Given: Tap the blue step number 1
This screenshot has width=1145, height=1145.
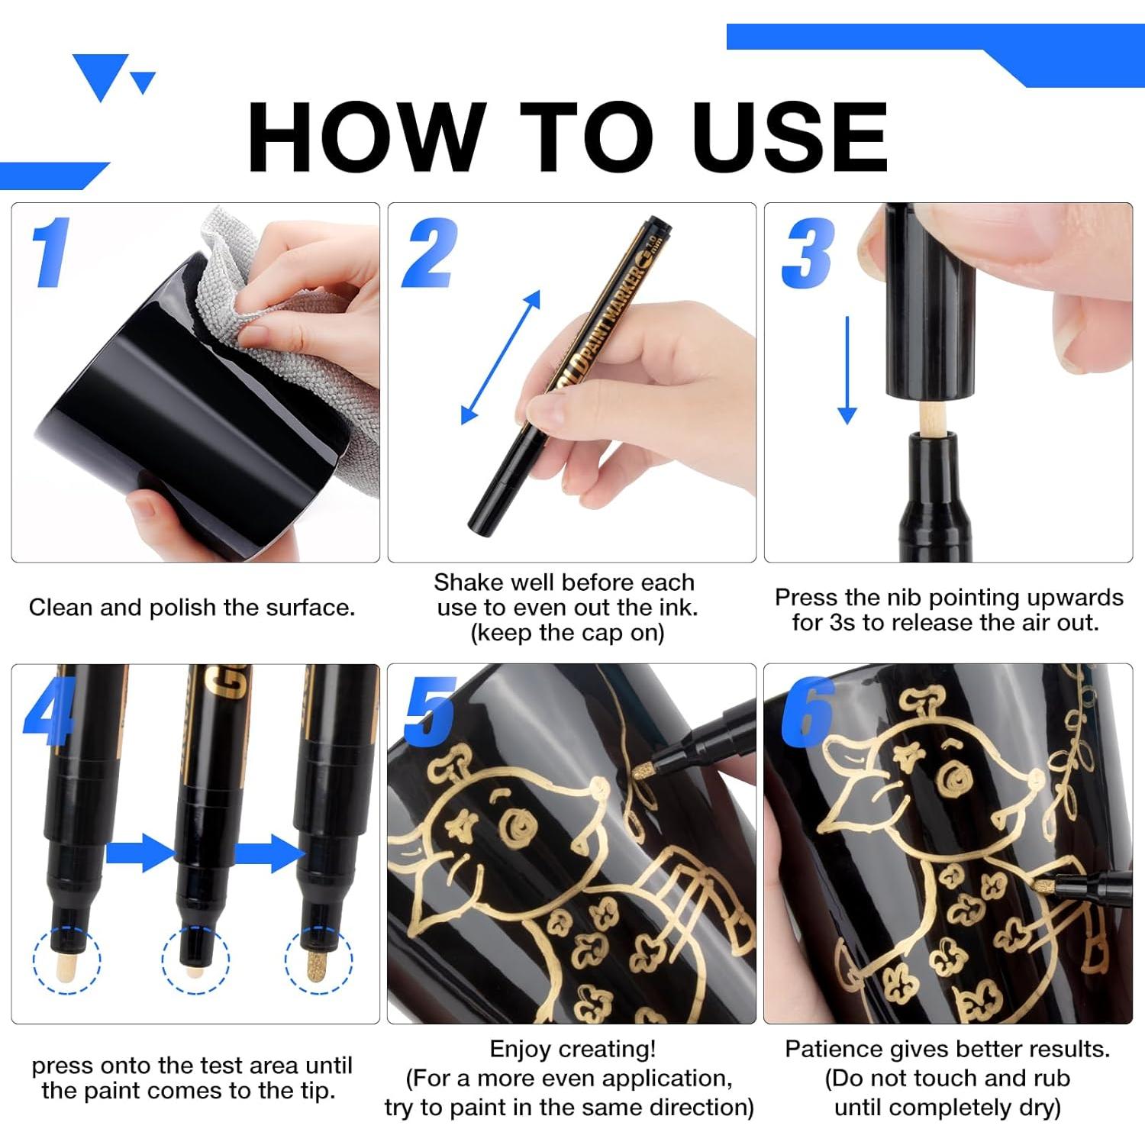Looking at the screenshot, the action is point(50,252).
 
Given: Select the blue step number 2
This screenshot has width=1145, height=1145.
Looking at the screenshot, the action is point(430,253).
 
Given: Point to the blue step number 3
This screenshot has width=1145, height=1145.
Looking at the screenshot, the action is point(808,253).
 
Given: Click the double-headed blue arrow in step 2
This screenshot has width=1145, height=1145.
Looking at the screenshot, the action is point(501,357).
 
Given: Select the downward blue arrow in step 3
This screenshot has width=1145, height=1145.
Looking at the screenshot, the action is point(847,371).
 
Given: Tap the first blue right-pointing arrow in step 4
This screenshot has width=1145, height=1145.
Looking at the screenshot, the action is point(140,853).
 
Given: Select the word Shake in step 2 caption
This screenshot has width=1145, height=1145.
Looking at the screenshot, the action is point(466,582).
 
